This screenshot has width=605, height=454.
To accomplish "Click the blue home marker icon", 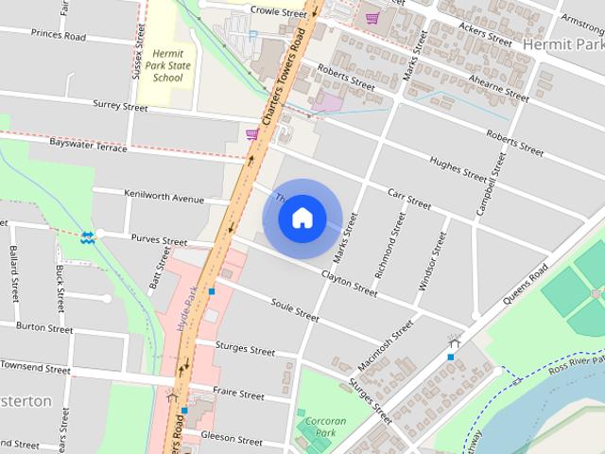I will pos(302,218).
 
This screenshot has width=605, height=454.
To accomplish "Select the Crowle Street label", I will pos(279,12).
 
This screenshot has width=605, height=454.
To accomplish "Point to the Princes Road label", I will pos(58,36).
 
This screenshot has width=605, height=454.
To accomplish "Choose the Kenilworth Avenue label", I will pos(164,196).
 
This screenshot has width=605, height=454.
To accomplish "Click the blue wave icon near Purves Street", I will pos(87,236).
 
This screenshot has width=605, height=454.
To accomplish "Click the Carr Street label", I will pos(409,199).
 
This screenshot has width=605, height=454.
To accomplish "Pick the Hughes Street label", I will pos(458,166).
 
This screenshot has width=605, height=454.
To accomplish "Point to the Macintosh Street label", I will pos(386,344).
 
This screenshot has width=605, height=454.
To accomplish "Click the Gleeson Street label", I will pos(232,441).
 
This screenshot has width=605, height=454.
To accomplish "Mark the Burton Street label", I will pos(44,328).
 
